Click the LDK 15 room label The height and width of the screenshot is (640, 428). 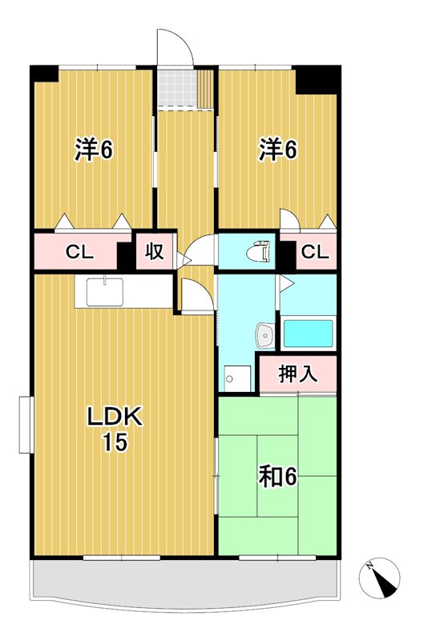[114, 429]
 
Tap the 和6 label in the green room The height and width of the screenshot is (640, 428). [277, 477]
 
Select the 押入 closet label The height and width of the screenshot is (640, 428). [297, 374]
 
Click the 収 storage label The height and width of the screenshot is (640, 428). [155, 252]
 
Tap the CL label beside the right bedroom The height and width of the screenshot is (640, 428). [315, 253]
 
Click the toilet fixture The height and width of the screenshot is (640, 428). [256, 250]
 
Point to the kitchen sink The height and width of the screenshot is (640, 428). [102, 292]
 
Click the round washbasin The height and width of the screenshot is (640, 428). [264, 335]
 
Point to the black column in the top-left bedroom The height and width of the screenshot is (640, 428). [45, 72]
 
